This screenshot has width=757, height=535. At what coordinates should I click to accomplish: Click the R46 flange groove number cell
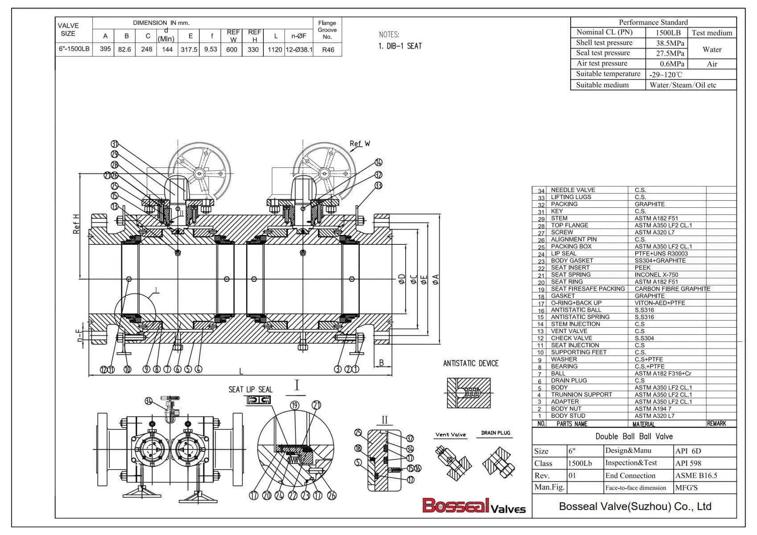tap(328, 50)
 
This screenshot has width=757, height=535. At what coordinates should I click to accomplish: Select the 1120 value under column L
tap(275, 49)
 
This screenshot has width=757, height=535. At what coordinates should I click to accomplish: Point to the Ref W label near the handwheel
tap(360, 144)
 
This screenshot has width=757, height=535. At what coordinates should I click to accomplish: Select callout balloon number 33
tap(378, 185)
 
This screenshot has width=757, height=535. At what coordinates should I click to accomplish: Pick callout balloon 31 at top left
tap(115, 144)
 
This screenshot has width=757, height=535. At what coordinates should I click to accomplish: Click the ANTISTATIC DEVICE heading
tap(470, 363)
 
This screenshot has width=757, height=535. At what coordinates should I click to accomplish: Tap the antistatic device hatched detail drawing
tap(469, 393)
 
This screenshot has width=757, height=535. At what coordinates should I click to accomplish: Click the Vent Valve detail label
tap(450, 435)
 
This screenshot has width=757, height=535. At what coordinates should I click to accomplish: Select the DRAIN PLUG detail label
tap(496, 433)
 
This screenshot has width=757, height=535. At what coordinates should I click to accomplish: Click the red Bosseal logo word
tap(455, 506)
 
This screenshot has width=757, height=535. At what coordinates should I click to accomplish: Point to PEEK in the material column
tap(642, 267)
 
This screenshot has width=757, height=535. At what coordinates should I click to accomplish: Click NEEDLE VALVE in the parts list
tap(573, 190)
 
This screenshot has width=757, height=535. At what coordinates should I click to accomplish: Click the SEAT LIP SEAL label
tap(250, 390)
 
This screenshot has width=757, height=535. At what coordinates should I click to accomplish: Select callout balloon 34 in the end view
tap(149, 401)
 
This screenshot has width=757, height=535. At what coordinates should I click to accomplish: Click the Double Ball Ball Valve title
tap(634, 436)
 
